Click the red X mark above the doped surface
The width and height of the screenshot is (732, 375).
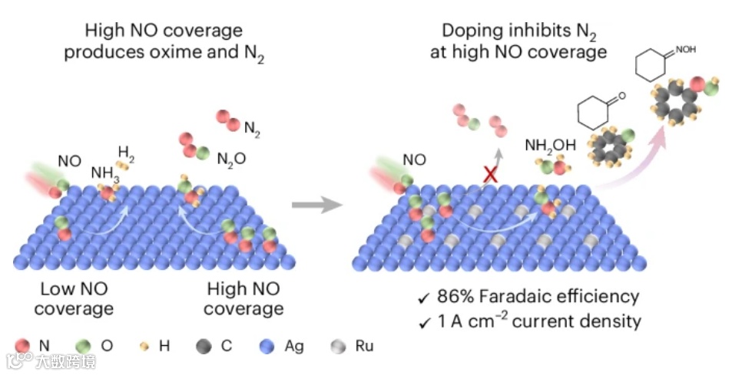[488, 176]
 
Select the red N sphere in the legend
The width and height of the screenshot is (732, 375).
[23, 346]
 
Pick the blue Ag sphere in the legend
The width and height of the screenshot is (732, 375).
[267, 346]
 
